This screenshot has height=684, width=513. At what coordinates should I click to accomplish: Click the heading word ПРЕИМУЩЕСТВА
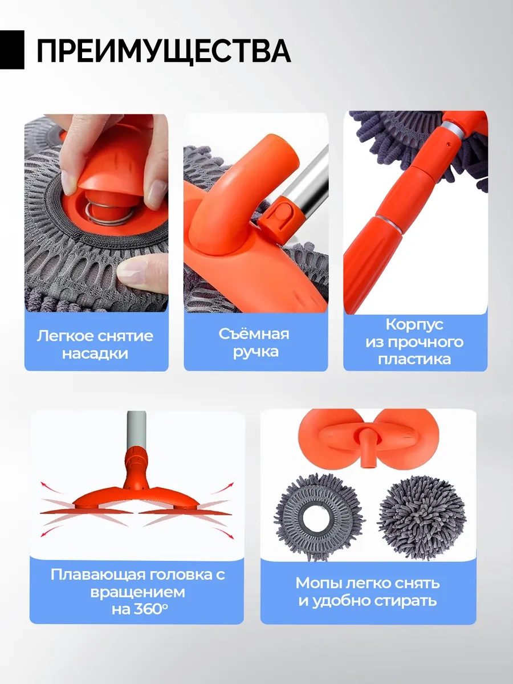click(164, 51)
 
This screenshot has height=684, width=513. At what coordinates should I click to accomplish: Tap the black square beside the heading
click(12, 50)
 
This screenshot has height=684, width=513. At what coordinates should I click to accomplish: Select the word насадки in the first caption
click(95, 354)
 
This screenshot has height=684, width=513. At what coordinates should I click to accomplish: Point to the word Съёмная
click(254, 334)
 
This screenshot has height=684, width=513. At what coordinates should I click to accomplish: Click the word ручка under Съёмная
click(256, 352)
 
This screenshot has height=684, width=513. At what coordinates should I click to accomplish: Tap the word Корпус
click(414, 325)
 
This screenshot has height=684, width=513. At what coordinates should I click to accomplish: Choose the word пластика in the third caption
click(414, 359)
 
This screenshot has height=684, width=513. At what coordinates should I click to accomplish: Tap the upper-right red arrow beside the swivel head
click(223, 488)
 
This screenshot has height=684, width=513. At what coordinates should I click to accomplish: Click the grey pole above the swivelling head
click(136, 430)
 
